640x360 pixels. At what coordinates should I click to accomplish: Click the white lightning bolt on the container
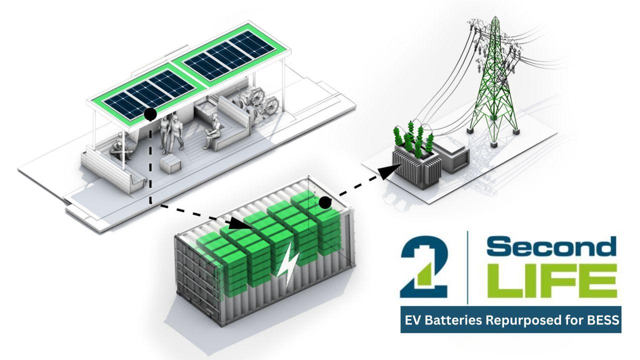[290, 267]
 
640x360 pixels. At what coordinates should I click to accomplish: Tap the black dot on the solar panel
[150, 115]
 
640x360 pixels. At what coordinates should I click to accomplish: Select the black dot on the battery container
[325, 202]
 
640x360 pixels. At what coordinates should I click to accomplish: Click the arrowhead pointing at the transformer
[385, 172]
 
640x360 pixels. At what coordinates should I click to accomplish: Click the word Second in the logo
[550, 248]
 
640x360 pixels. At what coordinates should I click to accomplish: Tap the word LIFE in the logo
[550, 282]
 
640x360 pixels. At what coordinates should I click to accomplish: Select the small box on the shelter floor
[168, 163]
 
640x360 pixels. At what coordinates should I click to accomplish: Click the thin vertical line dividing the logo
[467, 267]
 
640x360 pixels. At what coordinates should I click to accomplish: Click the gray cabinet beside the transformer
[452, 155]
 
